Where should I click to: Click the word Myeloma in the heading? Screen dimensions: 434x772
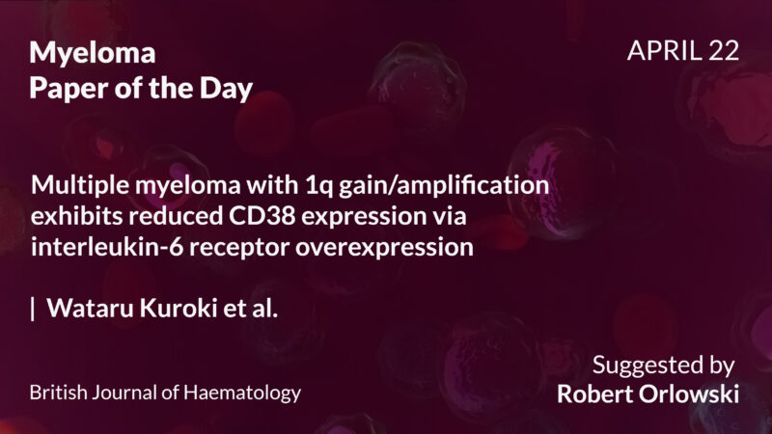93,54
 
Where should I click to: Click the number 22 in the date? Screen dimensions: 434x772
722,51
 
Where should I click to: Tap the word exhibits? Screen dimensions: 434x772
75,216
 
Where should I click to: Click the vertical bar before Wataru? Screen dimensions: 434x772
34,309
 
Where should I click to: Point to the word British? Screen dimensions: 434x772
56,393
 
